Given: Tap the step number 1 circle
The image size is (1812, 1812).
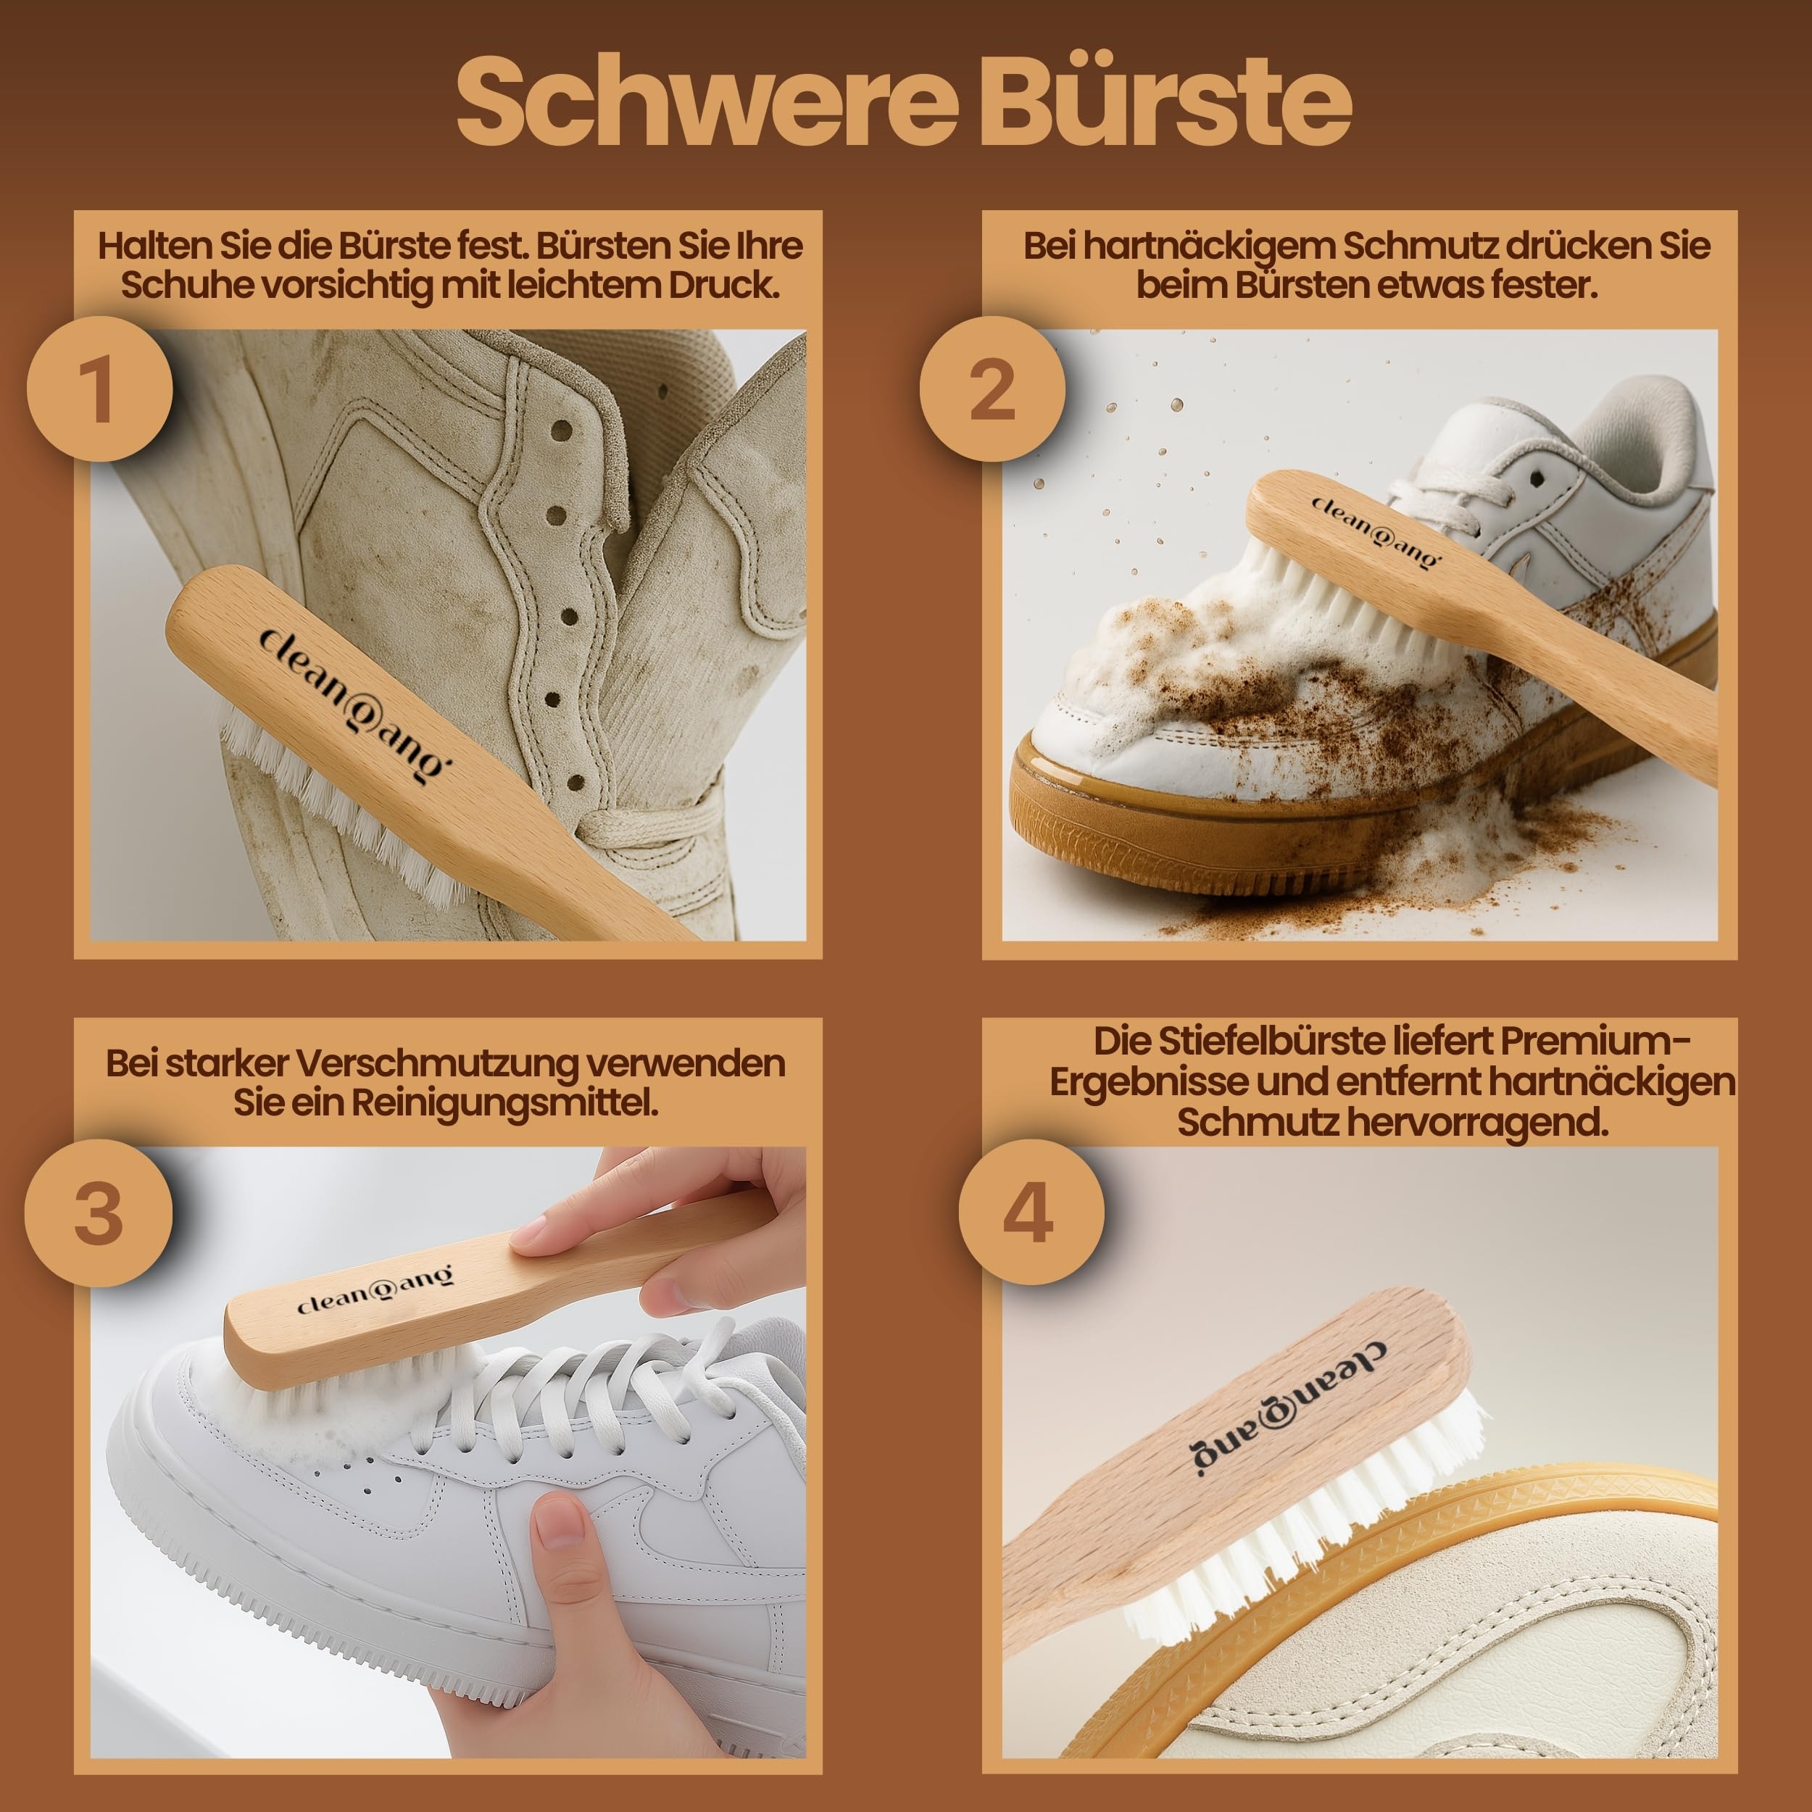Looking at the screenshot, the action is coord(99,388).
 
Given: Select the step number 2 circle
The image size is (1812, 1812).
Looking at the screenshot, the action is coord(992,388).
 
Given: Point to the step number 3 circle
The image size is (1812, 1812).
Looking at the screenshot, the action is coord(99,1213).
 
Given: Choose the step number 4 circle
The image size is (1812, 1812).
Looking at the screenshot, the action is coord(1031,1213).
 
